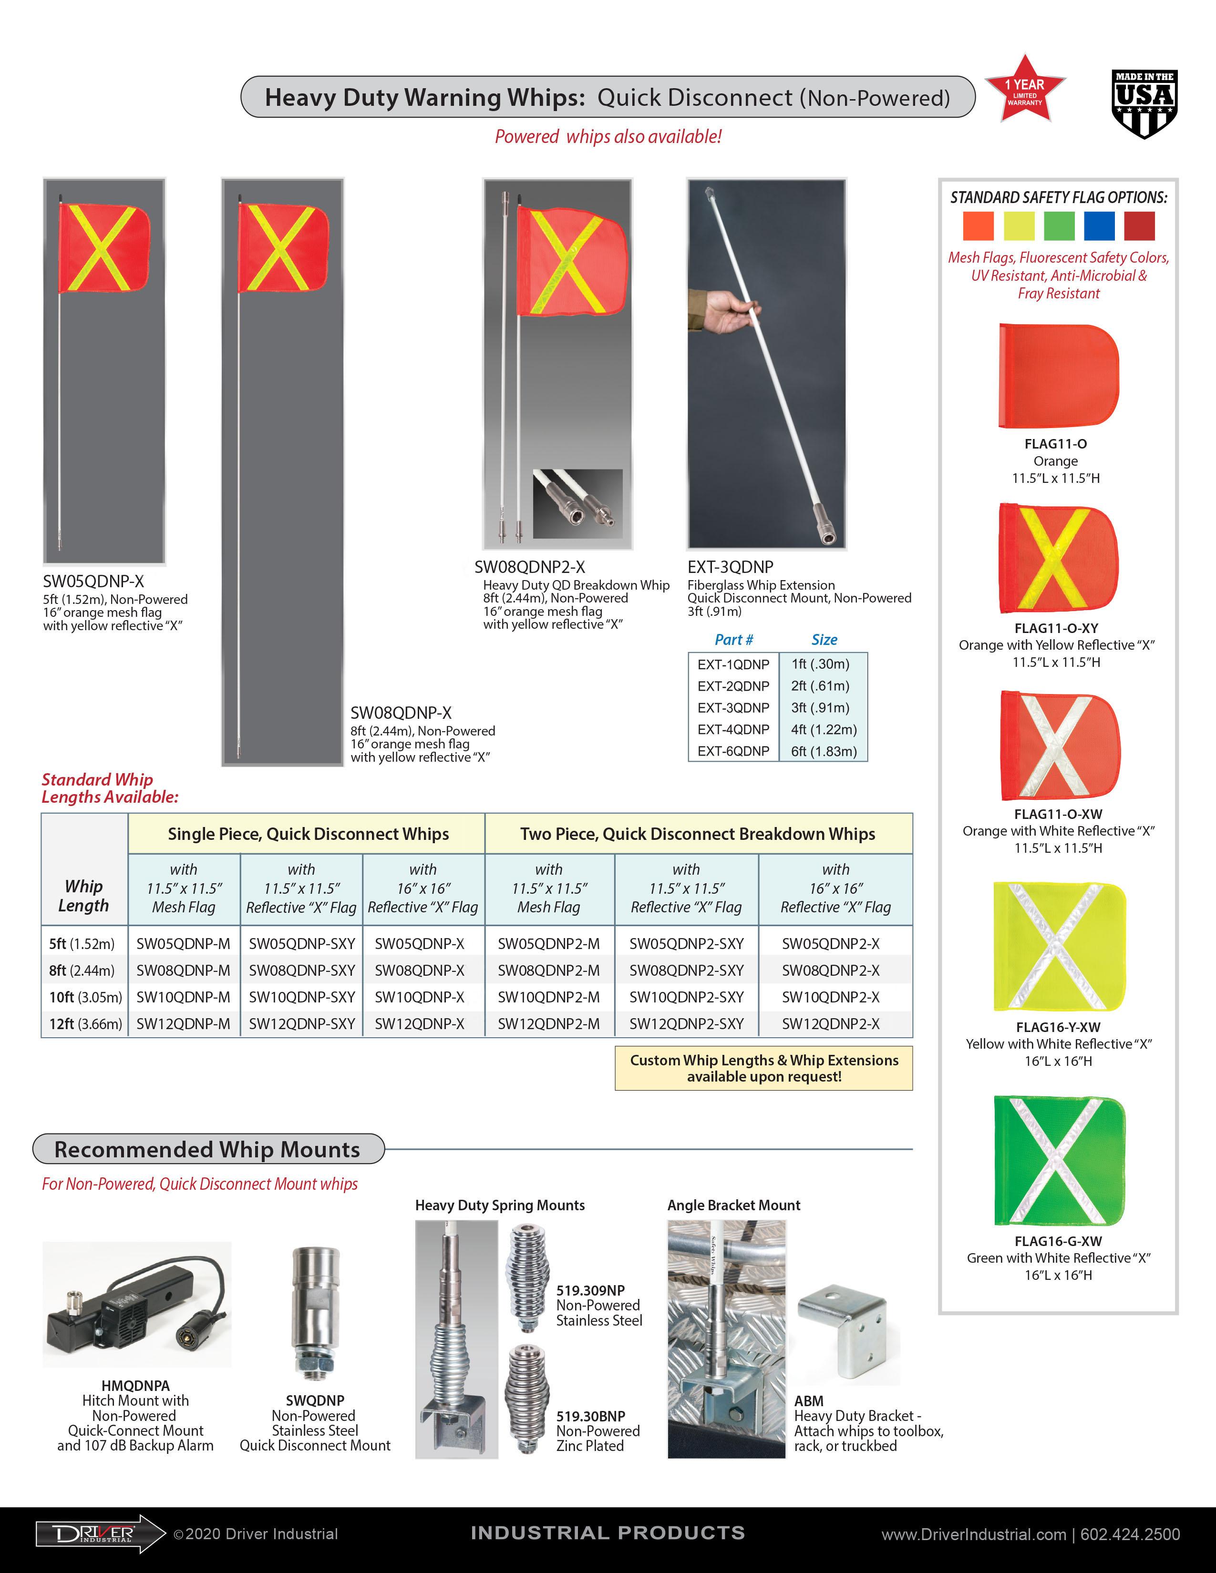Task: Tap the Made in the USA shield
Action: coord(1144,104)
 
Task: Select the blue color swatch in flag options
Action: coord(1099,225)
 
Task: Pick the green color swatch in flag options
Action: coord(1058,225)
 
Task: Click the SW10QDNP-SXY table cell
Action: coord(302,997)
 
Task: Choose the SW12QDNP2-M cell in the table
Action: coord(548,1023)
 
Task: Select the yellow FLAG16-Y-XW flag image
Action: coord(1058,946)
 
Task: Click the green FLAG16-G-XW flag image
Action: coord(1058,1160)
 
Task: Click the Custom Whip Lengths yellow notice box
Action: coord(763,1068)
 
